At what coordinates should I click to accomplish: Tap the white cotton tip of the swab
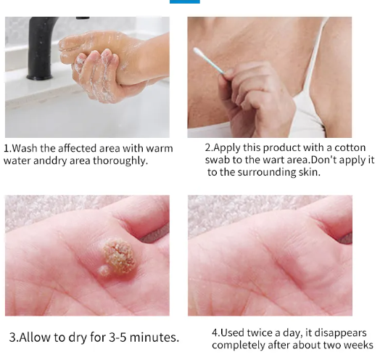coord(198,52)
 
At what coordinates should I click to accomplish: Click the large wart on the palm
coord(119,256)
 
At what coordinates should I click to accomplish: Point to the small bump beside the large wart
coord(104,271)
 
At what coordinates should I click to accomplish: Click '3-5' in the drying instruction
coord(117,337)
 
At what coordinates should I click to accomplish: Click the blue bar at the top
coord(185,1)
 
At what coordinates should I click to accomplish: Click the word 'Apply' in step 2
coord(226,148)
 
